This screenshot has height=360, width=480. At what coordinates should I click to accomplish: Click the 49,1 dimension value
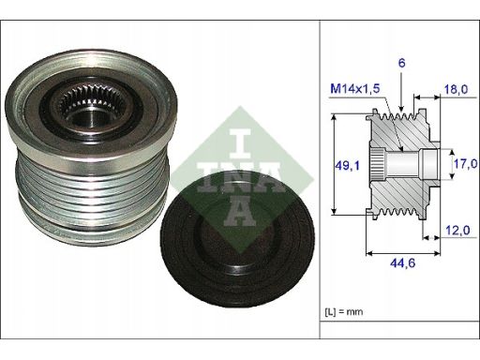point(347,165)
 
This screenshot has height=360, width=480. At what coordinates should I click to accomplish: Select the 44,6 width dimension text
point(402,263)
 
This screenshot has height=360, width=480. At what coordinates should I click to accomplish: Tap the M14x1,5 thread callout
point(355,89)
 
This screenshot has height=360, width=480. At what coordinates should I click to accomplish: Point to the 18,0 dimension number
point(456,89)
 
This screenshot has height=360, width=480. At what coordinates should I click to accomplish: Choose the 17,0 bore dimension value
point(466,163)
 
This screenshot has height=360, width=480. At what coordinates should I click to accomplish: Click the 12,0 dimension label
point(457,231)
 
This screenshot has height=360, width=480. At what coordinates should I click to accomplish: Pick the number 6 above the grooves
point(401,63)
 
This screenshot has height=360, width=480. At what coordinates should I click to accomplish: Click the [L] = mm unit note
point(344,311)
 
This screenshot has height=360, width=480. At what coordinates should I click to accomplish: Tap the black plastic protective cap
point(237,239)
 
